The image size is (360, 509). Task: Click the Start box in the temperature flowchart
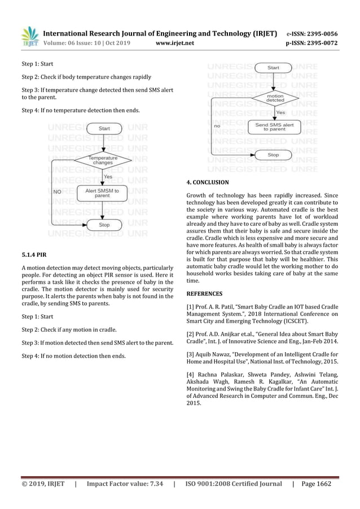[x=104, y=129]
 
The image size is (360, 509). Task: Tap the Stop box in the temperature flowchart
[x=104, y=225]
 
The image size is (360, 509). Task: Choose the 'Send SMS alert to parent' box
[x=274, y=127]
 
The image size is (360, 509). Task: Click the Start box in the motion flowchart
[x=273, y=68]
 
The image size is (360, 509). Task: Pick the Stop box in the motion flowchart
[x=273, y=154]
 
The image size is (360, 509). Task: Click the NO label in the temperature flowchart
[x=56, y=192]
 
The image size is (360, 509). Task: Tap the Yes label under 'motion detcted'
[x=280, y=112]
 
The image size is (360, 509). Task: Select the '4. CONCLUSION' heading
[x=208, y=182]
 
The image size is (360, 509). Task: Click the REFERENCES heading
[x=204, y=293]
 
